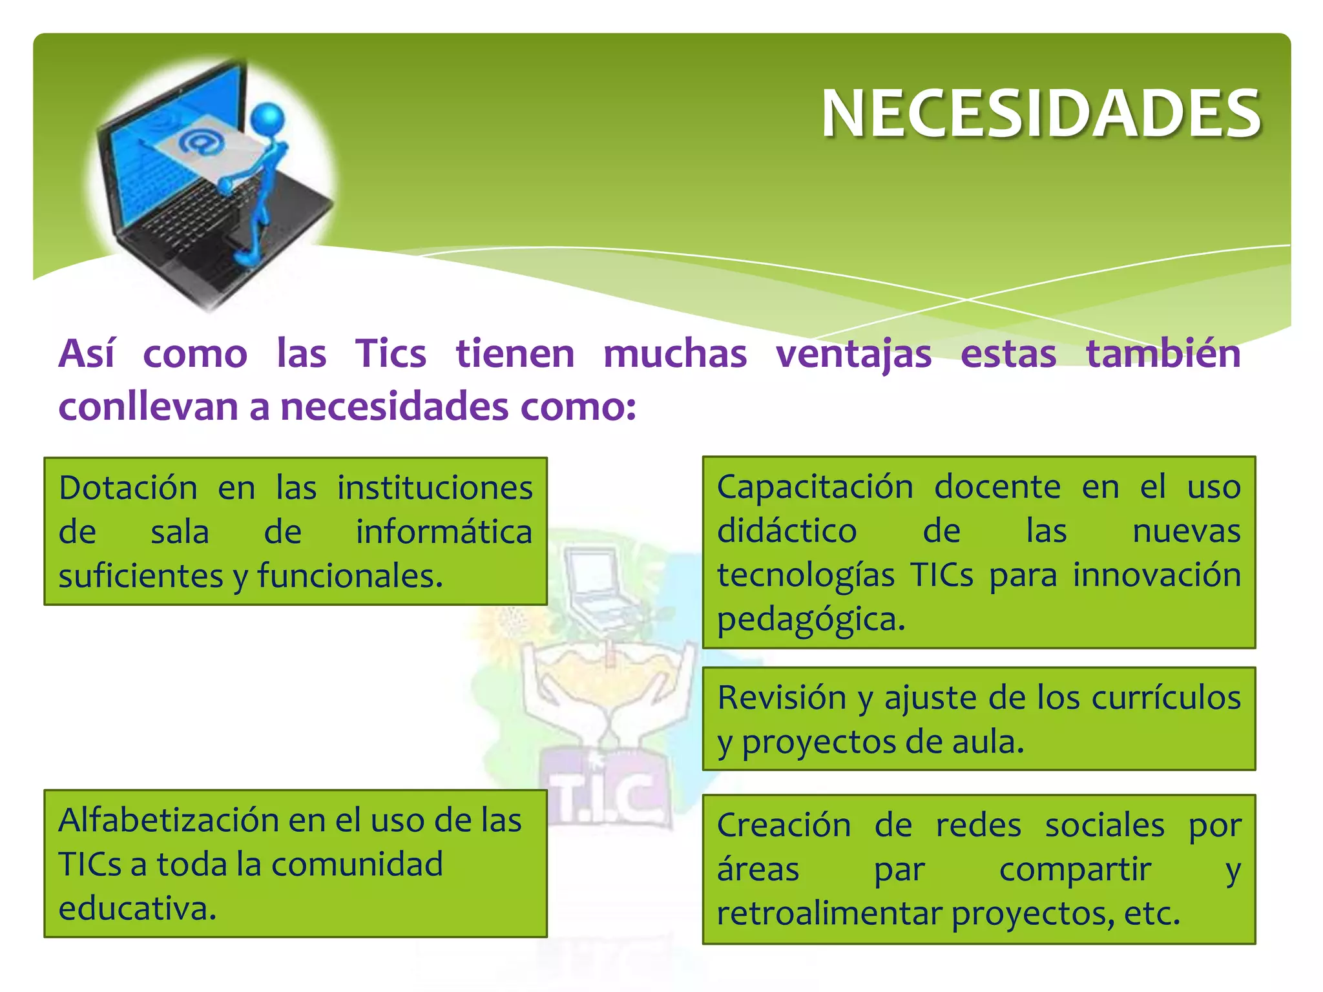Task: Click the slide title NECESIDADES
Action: click(1041, 114)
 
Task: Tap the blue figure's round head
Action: click(267, 119)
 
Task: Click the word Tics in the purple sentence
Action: click(390, 354)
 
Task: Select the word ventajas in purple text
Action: click(853, 354)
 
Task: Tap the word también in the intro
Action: click(1163, 354)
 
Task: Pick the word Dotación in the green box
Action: click(128, 488)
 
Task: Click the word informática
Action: click(444, 532)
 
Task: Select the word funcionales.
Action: click(349, 576)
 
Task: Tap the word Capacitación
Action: click(815, 486)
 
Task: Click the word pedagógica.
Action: click(811, 619)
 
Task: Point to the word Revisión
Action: click(782, 698)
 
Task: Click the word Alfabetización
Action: click(165, 820)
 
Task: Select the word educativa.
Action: click(137, 909)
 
